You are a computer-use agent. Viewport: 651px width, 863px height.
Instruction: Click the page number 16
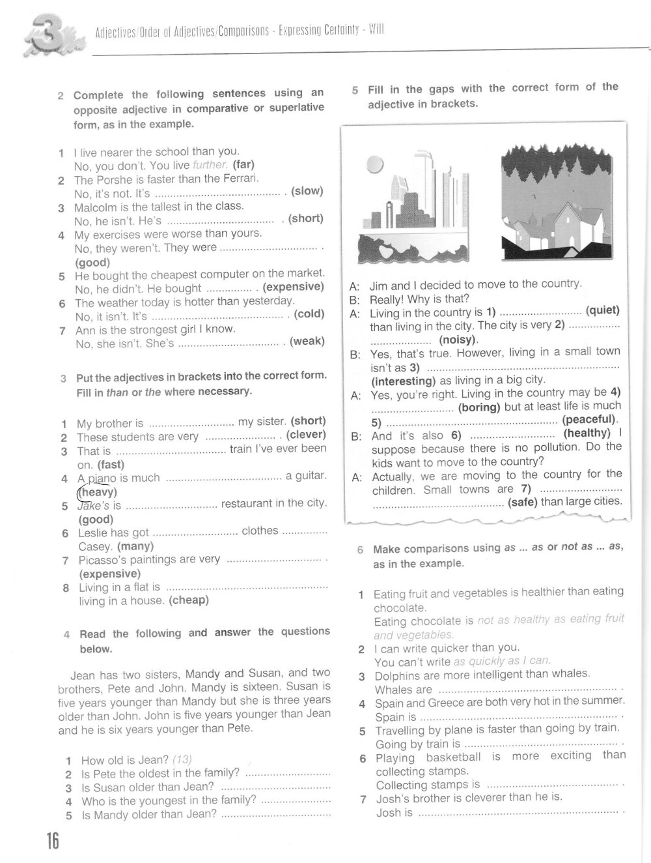coord(52,841)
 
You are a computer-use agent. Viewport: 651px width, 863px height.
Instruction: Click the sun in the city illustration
coord(375,164)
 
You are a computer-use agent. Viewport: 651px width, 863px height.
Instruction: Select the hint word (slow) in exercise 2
coord(307,191)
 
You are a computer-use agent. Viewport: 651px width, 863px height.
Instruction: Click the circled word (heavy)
coord(97,492)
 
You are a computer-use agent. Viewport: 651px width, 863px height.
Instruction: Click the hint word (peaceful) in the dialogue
coord(590,420)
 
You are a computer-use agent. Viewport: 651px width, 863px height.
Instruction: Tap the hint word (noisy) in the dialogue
coord(458,340)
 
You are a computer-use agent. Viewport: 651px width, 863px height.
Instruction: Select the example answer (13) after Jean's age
coord(182,759)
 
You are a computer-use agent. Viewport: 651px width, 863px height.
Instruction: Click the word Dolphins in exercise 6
coord(398,676)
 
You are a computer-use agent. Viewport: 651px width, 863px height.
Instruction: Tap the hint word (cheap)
coord(189,600)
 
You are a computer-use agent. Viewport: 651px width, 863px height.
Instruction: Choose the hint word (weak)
coord(307,342)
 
